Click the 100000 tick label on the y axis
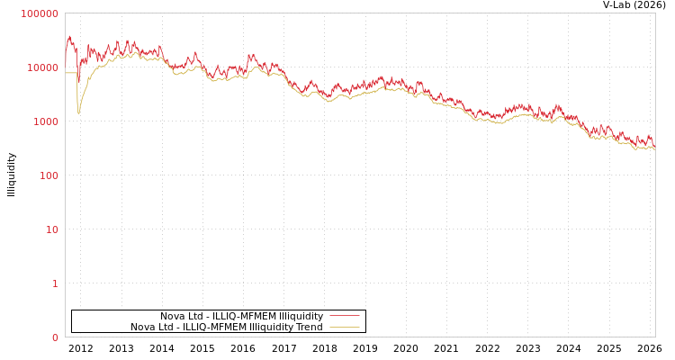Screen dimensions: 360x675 40,13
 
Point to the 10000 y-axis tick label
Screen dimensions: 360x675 42,67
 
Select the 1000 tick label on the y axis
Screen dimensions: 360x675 45,121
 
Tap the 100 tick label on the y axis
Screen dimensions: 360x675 48,175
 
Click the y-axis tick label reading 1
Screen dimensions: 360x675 54,283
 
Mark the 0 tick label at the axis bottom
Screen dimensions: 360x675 54,337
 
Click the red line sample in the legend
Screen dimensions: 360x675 344,316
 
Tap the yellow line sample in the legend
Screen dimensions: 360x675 344,327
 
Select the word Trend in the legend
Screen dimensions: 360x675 308,327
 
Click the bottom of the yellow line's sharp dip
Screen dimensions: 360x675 78,113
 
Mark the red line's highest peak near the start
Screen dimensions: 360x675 69,36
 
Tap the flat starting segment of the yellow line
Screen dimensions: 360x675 70,73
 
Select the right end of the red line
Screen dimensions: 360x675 654,145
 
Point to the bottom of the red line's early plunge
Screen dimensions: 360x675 78,83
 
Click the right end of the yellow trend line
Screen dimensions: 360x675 654,148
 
